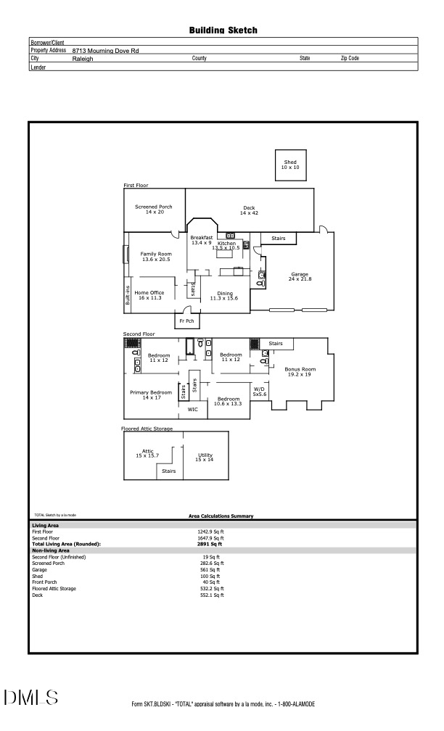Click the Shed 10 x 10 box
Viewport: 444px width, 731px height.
290,165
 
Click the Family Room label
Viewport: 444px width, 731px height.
155,256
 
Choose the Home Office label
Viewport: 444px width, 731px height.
149,295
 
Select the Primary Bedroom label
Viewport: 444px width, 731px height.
150,395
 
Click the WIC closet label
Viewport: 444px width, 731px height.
192,410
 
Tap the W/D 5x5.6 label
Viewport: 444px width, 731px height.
259,392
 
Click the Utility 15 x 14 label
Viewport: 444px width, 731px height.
205,457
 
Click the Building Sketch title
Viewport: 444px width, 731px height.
223,30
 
